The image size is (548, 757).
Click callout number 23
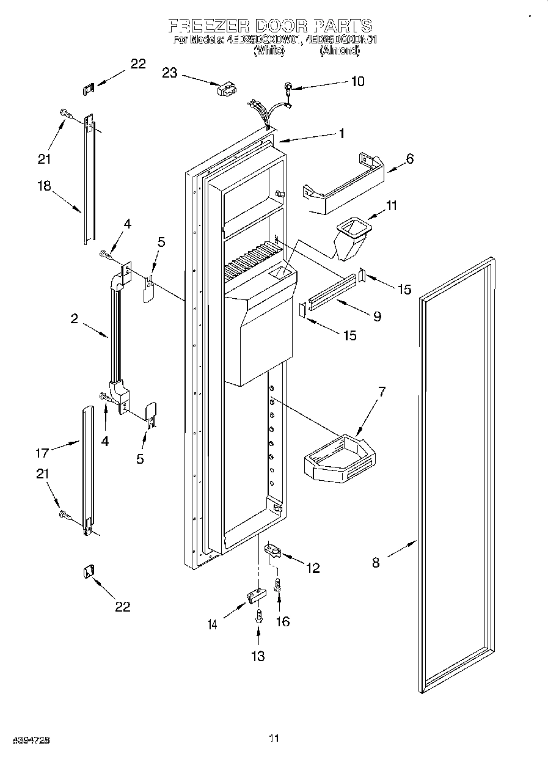170,73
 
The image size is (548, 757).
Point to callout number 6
409,159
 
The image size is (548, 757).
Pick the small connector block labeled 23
225,90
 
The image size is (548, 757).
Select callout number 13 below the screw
258,656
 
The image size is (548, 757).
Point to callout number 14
212,624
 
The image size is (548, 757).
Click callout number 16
282,621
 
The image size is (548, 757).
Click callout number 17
42,453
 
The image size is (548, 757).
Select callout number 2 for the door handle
74,318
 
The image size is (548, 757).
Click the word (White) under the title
269,53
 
